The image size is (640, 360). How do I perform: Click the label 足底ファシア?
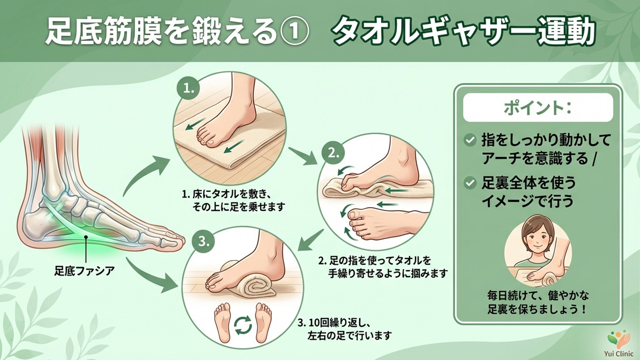pos(84,270)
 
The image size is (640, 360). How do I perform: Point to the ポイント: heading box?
pos(538,107)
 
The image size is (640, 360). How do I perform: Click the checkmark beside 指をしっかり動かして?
pos(470,140)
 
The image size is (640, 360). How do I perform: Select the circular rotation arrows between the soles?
pos(243,325)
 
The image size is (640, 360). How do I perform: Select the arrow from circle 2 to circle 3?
pos(310,241)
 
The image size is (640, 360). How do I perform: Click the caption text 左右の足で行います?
pos(349,335)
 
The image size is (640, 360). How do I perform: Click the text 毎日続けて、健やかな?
pos(538,296)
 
